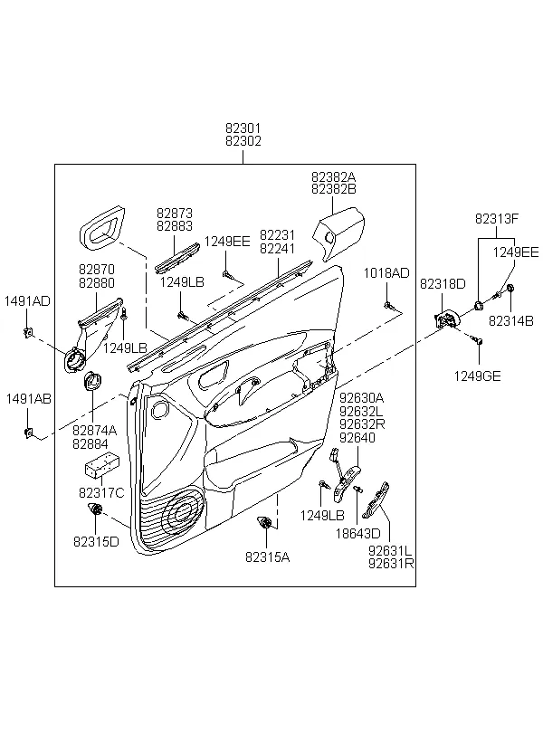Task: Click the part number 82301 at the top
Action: tap(243, 128)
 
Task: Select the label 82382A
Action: tap(334, 176)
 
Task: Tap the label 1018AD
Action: tap(386, 273)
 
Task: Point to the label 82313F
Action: tap(497, 219)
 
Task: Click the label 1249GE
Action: tap(477, 376)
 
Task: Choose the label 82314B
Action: tap(510, 321)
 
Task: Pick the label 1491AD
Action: tap(27, 301)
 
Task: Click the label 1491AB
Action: tap(28, 399)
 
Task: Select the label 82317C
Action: tap(101, 493)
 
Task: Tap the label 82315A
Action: tap(268, 557)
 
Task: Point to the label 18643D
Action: tap(357, 534)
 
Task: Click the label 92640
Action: tap(357, 438)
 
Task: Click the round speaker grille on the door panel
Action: tap(183, 511)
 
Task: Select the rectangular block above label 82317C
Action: tap(101, 466)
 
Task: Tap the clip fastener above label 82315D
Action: tap(96, 510)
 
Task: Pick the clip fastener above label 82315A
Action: tap(263, 522)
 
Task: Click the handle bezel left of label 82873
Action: tap(102, 227)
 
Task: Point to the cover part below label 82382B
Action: tap(339, 233)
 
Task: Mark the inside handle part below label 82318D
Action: tap(445, 319)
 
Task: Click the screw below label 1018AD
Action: tap(387, 305)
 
